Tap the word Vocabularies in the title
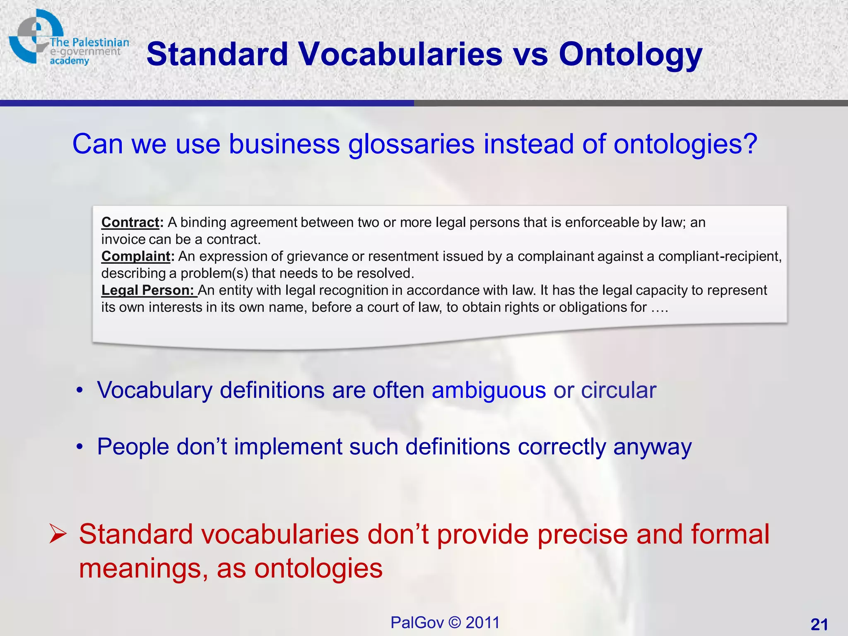click(400, 55)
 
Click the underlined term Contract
click(130, 222)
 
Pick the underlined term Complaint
click(136, 256)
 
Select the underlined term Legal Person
click(147, 290)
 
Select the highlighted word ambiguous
click(489, 390)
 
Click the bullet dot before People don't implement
click(80, 447)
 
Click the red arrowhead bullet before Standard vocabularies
click(57, 534)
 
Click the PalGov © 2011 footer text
click(445, 622)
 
